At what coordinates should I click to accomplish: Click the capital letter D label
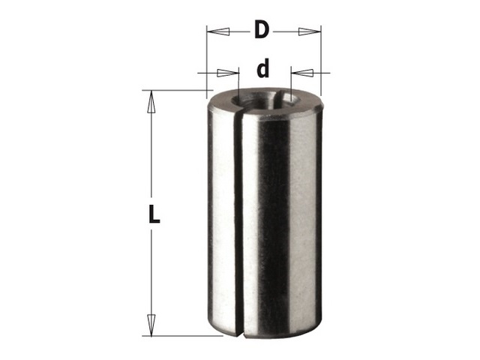pyautogui.click(x=262, y=30)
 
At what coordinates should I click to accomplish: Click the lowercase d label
pyautogui.click(x=263, y=68)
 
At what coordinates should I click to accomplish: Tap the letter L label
pyautogui.click(x=154, y=214)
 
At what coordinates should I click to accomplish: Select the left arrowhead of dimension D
pyautogui.click(x=218, y=31)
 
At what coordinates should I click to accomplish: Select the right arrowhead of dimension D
pyautogui.click(x=310, y=31)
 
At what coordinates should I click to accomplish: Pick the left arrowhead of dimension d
pyautogui.click(x=228, y=73)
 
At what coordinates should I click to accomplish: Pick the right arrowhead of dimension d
pyautogui.click(x=302, y=73)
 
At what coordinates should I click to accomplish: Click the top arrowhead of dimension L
pyautogui.click(x=150, y=102)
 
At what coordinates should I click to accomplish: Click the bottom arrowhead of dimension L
pyautogui.click(x=150, y=325)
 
